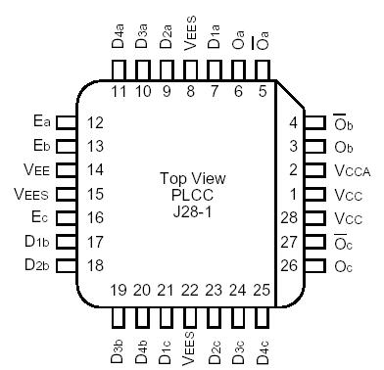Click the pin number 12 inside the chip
tap(95, 122)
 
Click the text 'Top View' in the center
tap(192, 179)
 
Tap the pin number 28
tap(289, 216)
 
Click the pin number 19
tap(118, 290)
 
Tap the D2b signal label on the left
tap(36, 264)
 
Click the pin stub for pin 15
tap(66, 194)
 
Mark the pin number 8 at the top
tap(190, 91)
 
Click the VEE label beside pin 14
tap(36, 169)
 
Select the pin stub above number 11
tap(119, 69)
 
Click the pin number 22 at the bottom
tap(190, 290)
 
